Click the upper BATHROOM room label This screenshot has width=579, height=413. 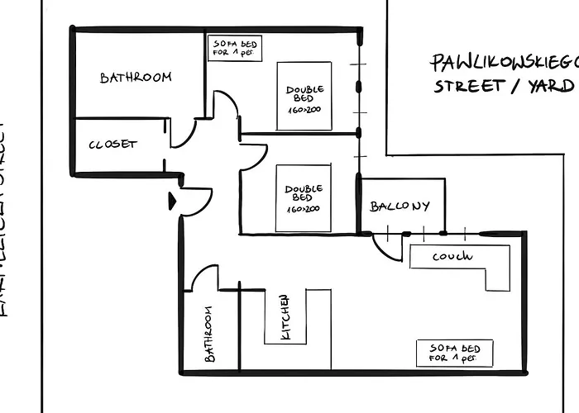pyautogui.click(x=136, y=78)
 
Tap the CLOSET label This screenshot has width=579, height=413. pyautogui.click(x=112, y=145)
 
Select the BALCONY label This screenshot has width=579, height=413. pyautogui.click(x=400, y=206)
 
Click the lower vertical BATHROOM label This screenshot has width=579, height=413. pyautogui.click(x=208, y=335)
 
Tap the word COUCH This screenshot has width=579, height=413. pyautogui.click(x=452, y=257)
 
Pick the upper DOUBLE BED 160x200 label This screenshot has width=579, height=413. pyautogui.click(x=304, y=99)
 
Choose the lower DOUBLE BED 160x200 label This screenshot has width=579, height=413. pyautogui.click(x=304, y=198)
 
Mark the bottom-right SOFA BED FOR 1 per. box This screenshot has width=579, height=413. pyautogui.click(x=454, y=353)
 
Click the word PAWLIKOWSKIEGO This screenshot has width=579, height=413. pyautogui.click(x=503, y=64)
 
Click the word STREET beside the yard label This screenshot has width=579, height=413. pyautogui.click(x=469, y=86)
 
